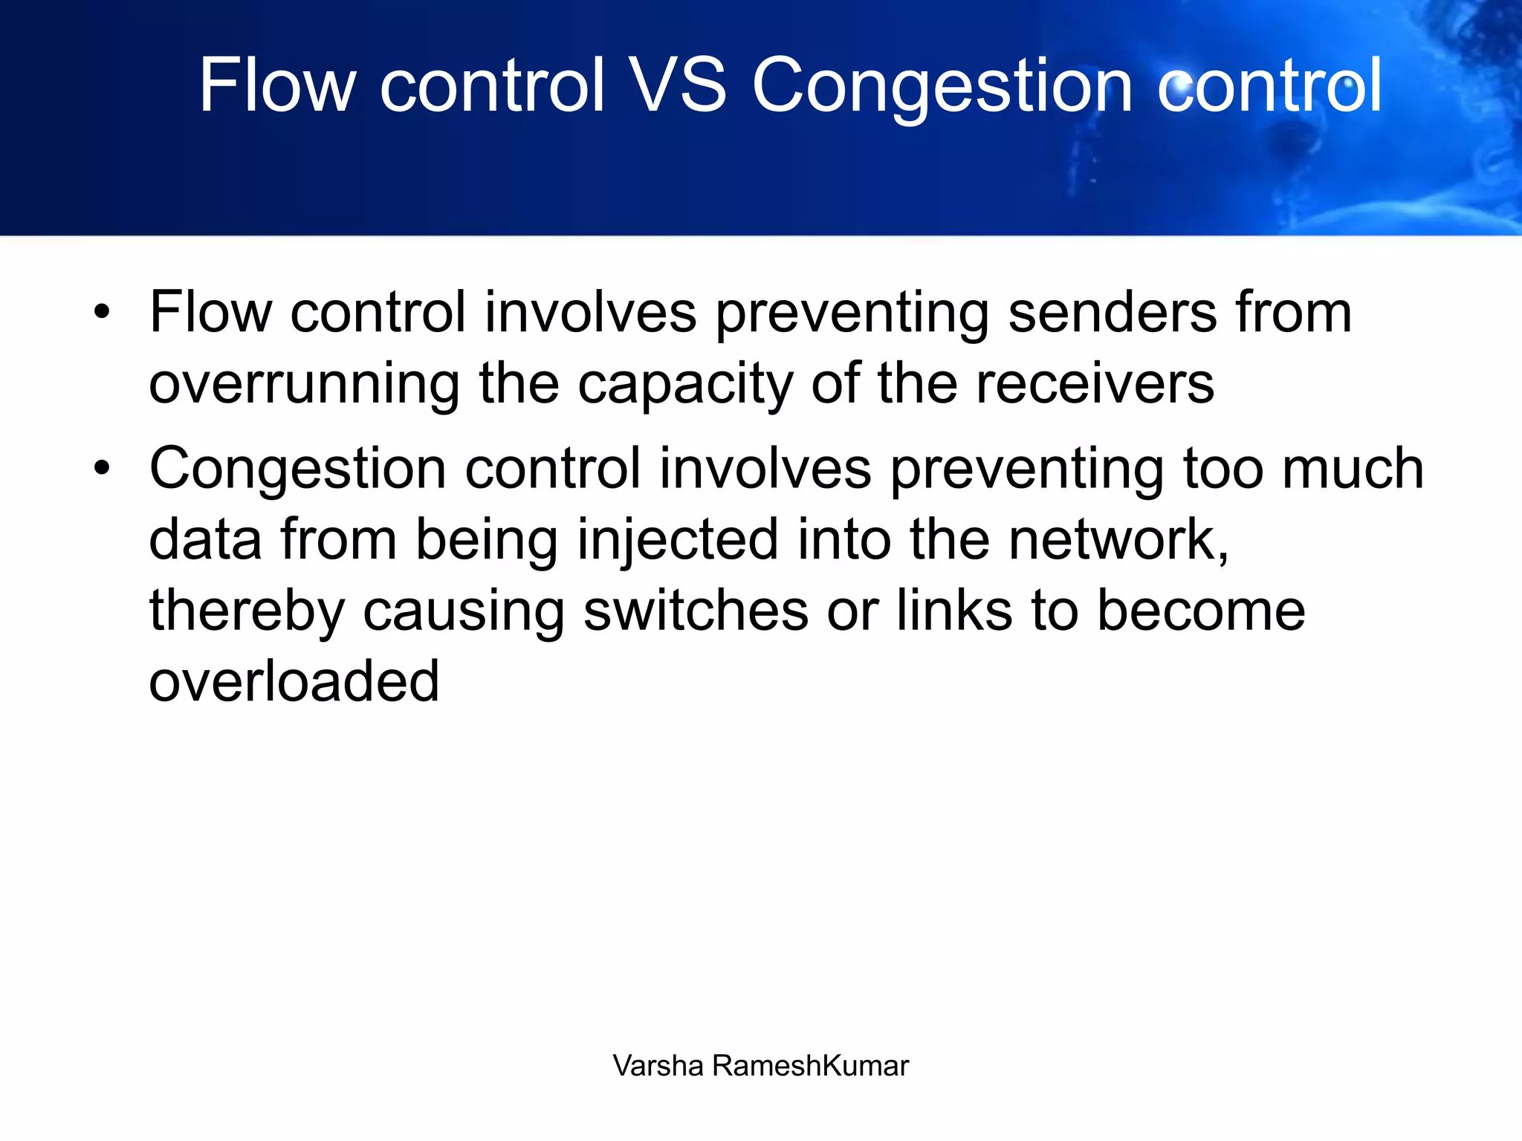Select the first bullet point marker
coord(102,312)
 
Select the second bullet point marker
coord(102,468)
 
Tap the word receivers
coord(1095,384)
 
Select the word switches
coord(696,611)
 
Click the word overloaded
coord(294,681)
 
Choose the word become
coord(1201,611)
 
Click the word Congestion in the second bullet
coord(297,469)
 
